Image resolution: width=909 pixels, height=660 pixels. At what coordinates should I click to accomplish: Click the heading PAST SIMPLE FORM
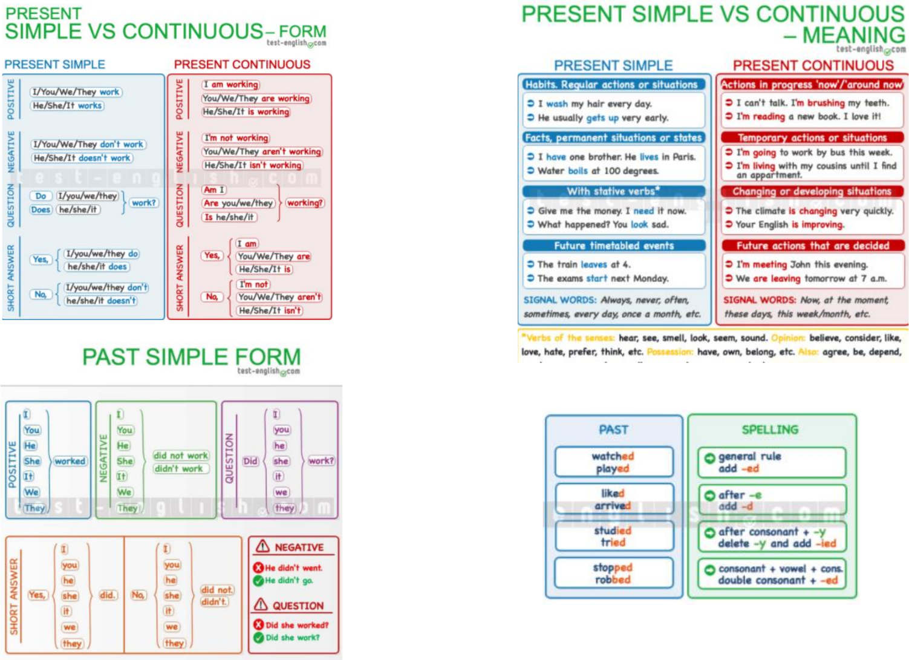pyautogui.click(x=191, y=357)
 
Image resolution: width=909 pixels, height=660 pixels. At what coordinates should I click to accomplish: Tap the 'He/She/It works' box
pyautogui.click(x=68, y=105)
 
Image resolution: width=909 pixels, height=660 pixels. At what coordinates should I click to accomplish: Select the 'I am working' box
pyautogui.click(x=231, y=85)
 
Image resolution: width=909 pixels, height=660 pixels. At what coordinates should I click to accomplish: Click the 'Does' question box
pyautogui.click(x=41, y=209)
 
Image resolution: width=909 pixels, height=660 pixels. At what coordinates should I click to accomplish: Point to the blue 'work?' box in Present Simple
pyautogui.click(x=143, y=203)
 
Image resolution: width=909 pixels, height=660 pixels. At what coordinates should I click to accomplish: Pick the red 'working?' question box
pyautogui.click(x=305, y=203)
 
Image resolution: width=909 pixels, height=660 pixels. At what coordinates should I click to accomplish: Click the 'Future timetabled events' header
pyautogui.click(x=614, y=246)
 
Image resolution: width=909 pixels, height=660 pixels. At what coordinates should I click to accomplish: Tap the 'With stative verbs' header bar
pyautogui.click(x=614, y=191)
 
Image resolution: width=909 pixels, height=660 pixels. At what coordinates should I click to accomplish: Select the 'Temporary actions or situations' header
pyautogui.click(x=812, y=138)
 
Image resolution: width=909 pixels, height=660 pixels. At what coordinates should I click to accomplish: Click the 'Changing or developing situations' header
pyautogui.click(x=812, y=191)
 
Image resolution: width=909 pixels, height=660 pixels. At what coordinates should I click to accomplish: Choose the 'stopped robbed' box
pyautogui.click(x=613, y=573)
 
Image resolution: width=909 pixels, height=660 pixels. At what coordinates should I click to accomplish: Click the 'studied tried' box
pyautogui.click(x=613, y=536)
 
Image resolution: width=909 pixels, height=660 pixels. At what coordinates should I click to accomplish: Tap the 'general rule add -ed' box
pyautogui.click(x=771, y=462)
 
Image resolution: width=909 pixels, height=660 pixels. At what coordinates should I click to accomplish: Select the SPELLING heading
pyautogui.click(x=770, y=430)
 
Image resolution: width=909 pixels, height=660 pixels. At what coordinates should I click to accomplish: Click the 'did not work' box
pyautogui.click(x=180, y=456)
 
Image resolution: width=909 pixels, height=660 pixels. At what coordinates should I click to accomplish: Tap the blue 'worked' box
pyautogui.click(x=70, y=461)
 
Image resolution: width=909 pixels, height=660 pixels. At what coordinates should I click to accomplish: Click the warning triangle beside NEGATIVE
pyautogui.click(x=262, y=546)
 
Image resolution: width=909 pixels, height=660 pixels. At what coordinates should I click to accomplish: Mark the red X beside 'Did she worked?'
pyautogui.click(x=259, y=625)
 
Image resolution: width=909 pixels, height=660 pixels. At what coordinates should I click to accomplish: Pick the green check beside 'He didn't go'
pyautogui.click(x=259, y=580)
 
